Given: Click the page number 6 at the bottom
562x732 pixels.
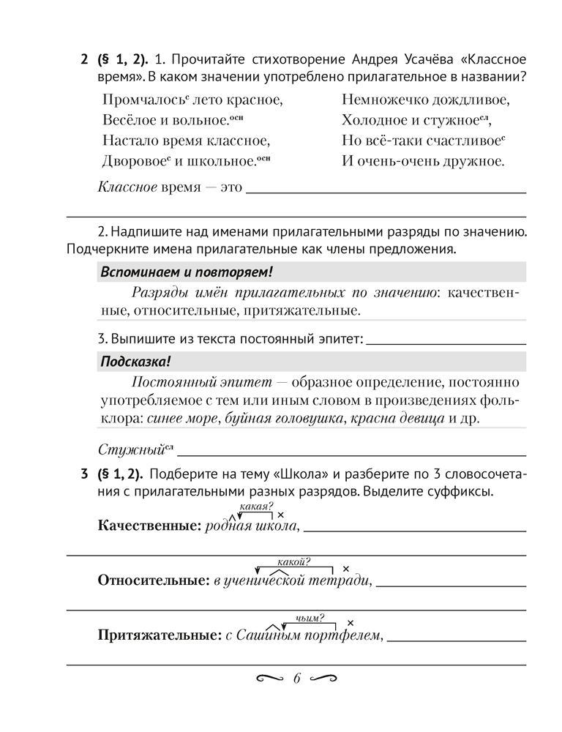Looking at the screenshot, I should pyautogui.click(x=296, y=679).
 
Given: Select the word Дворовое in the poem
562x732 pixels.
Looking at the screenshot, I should pyautogui.click(x=129, y=160).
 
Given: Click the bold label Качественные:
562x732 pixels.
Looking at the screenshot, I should pyautogui.click(x=149, y=526).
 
